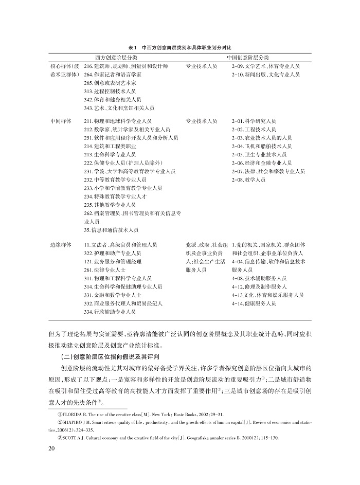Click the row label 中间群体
[60, 121]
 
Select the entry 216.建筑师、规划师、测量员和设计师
[125, 66]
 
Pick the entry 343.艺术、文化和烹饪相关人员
[118, 109]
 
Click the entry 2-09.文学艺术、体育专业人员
[265, 66]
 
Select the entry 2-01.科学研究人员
[254, 121]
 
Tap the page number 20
[51, 449]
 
